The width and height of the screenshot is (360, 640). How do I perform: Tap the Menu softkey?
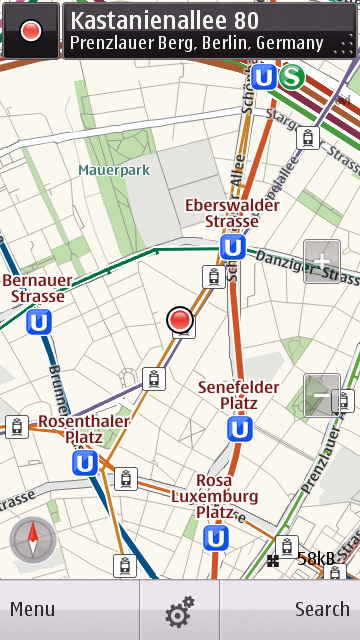click(33, 609)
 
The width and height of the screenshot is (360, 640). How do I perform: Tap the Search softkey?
click(322, 609)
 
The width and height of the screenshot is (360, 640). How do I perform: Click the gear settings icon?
click(180, 610)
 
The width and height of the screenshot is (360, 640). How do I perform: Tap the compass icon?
click(32, 541)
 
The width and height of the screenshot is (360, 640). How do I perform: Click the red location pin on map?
click(180, 320)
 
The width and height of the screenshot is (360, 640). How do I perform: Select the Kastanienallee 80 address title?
click(165, 20)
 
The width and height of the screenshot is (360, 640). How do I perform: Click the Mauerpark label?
click(114, 170)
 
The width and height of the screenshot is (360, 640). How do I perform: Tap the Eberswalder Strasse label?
click(232, 212)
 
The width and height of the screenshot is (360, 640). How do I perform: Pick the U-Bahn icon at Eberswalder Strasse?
click(233, 247)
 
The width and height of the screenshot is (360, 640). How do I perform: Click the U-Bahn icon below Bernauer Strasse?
click(40, 322)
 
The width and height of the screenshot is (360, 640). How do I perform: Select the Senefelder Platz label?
click(238, 394)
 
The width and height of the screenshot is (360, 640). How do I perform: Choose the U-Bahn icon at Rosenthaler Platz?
click(85, 463)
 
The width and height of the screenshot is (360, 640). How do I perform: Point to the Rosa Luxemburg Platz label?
click(214, 496)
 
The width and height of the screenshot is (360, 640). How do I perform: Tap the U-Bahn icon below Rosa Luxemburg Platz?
click(215, 538)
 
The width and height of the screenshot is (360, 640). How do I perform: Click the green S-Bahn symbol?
click(292, 77)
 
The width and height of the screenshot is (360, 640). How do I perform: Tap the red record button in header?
click(31, 31)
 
